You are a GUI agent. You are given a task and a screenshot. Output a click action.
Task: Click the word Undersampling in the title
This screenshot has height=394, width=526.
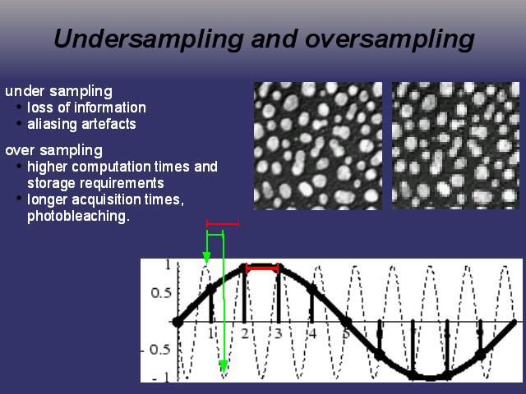coord(148,39)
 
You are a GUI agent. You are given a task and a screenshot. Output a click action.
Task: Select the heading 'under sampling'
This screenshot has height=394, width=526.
coord(58,91)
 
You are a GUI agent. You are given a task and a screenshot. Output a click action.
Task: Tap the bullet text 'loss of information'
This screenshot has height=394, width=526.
coord(86,108)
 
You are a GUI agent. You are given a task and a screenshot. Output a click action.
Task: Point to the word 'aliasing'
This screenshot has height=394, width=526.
coord(53,124)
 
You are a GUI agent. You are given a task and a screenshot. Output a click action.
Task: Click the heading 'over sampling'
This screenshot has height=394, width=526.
coord(53,150)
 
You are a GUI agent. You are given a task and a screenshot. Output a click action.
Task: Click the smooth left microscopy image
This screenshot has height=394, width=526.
coord(318,146)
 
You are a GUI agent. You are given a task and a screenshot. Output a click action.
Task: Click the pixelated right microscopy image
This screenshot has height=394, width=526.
coord(455,146)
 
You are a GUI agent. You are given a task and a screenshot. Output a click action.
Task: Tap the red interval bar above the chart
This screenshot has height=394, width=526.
coord(223,223)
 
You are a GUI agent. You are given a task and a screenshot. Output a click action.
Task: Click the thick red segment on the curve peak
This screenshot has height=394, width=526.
coord(262,268)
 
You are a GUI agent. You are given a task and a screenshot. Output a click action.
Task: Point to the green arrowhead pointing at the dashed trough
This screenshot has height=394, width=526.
coord(224,367)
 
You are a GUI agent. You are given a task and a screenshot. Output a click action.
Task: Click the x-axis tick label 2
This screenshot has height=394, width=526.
coord(245,334)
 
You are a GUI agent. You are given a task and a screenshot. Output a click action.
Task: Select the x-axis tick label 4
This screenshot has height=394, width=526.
coord(312,334)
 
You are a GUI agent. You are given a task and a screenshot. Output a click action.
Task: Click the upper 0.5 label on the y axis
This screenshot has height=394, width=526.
coord(161,293)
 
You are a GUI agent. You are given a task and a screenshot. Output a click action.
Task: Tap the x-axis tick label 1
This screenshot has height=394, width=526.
coord(210,334)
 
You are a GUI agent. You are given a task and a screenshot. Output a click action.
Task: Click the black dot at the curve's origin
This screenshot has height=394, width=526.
coord(178,323)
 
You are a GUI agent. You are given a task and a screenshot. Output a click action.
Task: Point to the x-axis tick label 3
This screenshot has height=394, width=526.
coord(278,334)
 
